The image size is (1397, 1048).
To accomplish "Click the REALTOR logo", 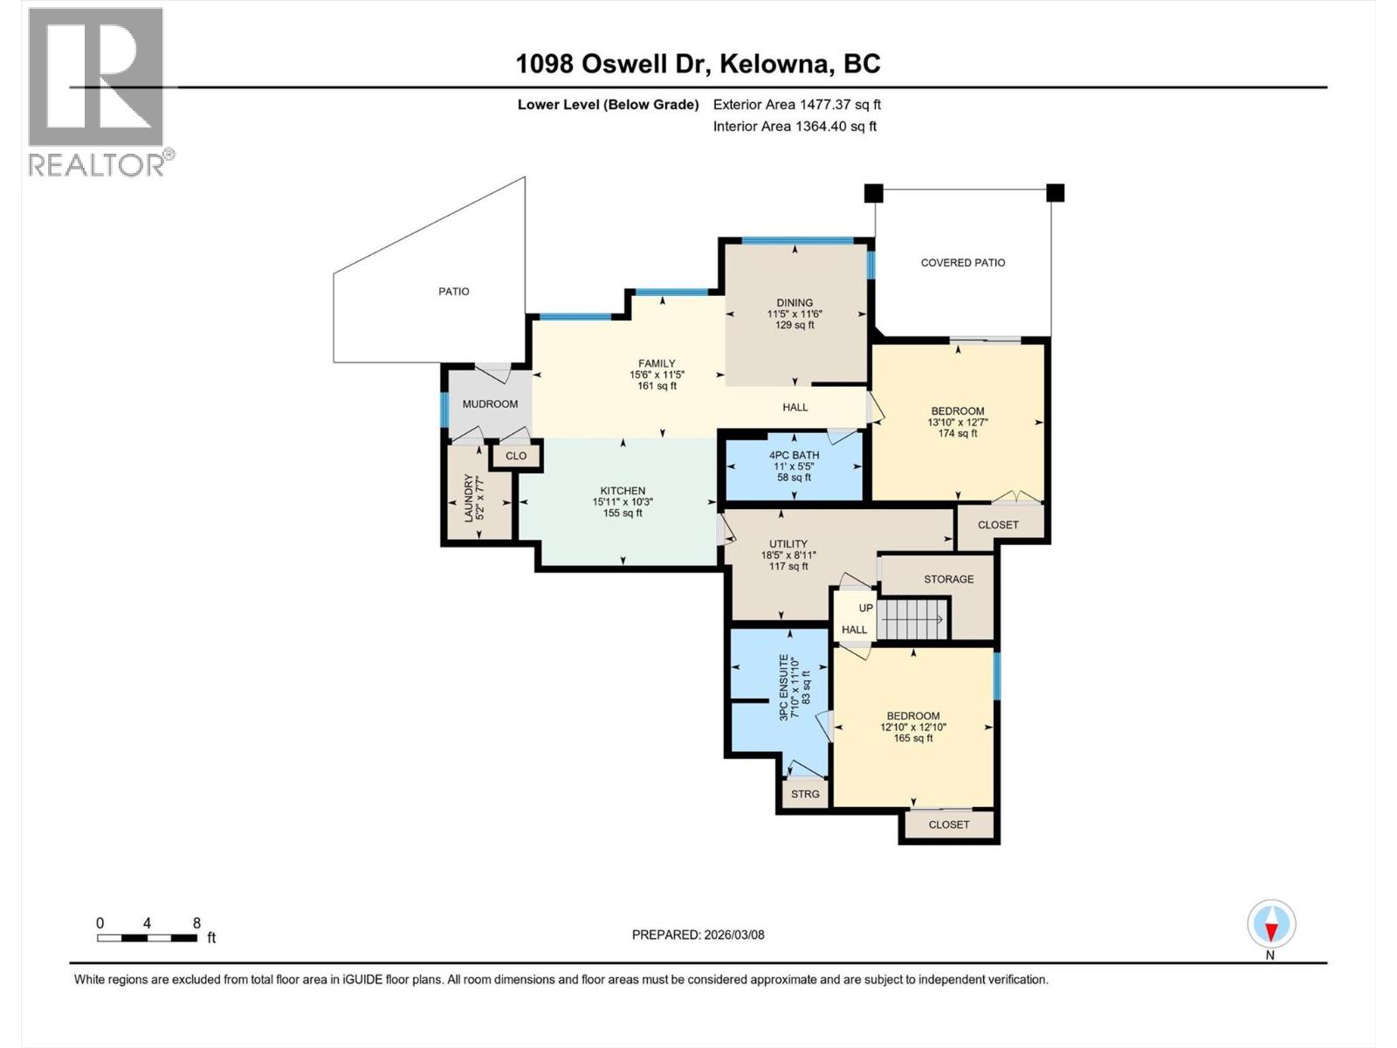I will pyautogui.click(x=96, y=92).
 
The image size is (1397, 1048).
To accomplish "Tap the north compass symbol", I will pyautogui.click(x=1271, y=924).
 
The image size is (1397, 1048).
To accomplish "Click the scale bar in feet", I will pyautogui.click(x=147, y=938).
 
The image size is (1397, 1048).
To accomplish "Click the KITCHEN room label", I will pyautogui.click(x=623, y=491).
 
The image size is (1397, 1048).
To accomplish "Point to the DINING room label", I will pyautogui.click(x=795, y=303).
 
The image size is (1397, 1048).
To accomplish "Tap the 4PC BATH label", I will pyautogui.click(x=794, y=455).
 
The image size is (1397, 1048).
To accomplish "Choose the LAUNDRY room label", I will pyautogui.click(x=469, y=498).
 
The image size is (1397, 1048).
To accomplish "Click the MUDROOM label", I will pyautogui.click(x=490, y=403).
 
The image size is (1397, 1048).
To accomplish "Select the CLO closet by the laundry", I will pyautogui.click(x=516, y=456).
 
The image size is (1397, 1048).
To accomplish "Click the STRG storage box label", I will pyautogui.click(x=805, y=794).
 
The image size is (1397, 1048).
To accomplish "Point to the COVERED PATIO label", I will pyautogui.click(x=963, y=262).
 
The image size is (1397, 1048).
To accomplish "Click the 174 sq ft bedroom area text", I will pyautogui.click(x=958, y=433).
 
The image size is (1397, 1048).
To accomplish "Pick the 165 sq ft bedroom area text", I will pyautogui.click(x=913, y=738).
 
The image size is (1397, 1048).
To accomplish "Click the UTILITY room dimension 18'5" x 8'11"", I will pyautogui.click(x=788, y=555).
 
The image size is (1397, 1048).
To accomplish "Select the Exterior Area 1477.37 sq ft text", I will pyautogui.click(x=796, y=104).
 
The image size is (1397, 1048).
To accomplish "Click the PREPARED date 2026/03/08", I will pyautogui.click(x=698, y=934).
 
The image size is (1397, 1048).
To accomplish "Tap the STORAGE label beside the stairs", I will pyautogui.click(x=949, y=579).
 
